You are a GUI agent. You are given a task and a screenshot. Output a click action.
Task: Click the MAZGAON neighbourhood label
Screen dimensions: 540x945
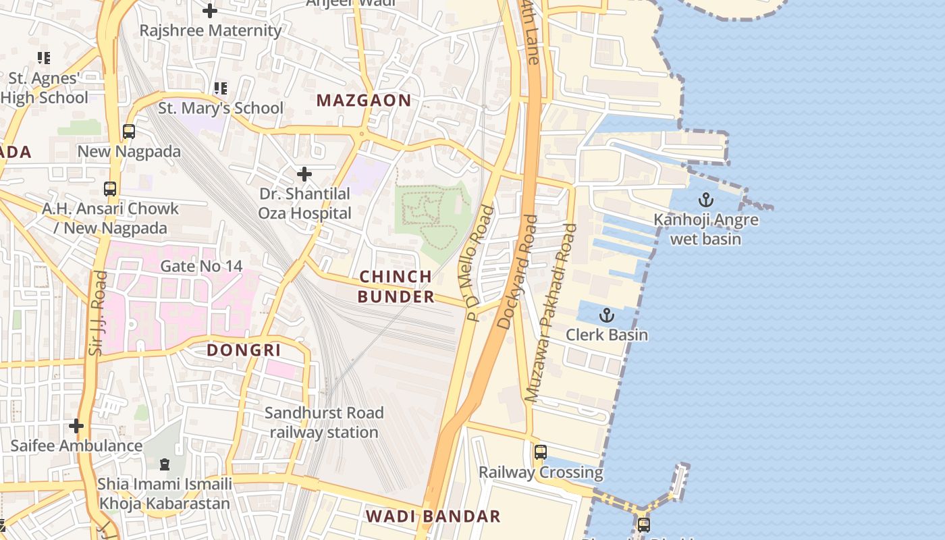tap(364, 101)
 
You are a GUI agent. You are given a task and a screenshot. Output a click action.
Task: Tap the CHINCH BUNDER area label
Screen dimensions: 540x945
tap(396, 286)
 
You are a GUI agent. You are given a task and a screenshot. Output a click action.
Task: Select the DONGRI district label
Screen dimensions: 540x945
tap(244, 350)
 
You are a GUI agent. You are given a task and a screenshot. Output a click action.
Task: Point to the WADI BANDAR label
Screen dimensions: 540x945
tap(433, 516)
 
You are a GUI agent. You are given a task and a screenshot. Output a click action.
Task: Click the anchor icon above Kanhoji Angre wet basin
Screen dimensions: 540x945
tap(705, 200)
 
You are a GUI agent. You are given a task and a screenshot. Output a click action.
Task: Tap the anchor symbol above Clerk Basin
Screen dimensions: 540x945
tap(607, 315)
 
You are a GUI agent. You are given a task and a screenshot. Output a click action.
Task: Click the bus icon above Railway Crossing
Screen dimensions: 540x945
tap(540, 452)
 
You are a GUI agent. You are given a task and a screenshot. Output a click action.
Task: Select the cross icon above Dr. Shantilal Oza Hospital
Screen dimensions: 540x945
tap(304, 174)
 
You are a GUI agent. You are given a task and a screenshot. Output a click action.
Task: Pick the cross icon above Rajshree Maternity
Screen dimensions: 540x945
tap(210, 10)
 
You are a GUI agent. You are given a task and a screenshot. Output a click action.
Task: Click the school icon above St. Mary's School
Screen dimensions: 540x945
tap(220, 88)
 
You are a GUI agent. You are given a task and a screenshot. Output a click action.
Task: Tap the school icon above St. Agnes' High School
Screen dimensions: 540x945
tap(44, 58)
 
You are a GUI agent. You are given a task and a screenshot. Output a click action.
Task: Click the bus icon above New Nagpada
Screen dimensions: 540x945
tap(128, 132)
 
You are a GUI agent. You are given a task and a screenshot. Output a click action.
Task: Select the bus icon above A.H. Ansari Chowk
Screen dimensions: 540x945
tap(110, 189)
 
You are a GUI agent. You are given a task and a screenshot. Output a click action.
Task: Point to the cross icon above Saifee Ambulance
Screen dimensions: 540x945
tap(76, 426)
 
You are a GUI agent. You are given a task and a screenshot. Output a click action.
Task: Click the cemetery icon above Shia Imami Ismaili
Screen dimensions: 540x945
tap(164, 464)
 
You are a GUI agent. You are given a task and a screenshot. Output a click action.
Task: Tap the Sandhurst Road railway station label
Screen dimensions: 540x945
tap(324, 422)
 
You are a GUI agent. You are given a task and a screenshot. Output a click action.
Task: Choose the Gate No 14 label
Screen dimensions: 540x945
tap(201, 266)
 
